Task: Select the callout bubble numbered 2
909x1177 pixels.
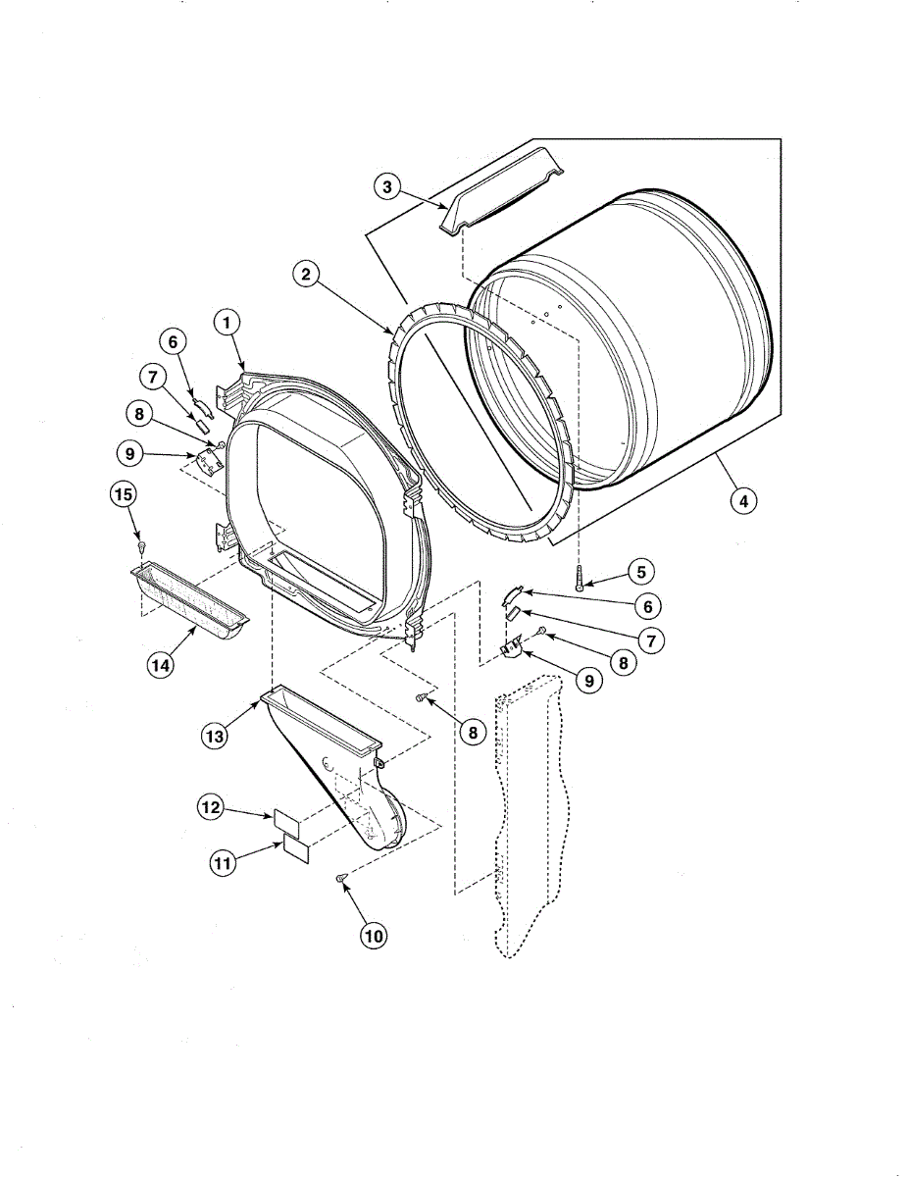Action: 306,276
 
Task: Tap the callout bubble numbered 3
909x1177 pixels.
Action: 388,186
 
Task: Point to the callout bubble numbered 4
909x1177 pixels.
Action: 743,500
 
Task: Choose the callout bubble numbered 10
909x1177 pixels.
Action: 374,936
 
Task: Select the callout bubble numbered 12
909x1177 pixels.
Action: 211,808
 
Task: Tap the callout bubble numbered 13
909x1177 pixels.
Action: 215,735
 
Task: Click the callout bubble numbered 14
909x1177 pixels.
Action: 161,664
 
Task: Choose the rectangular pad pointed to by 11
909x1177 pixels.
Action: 296,849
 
